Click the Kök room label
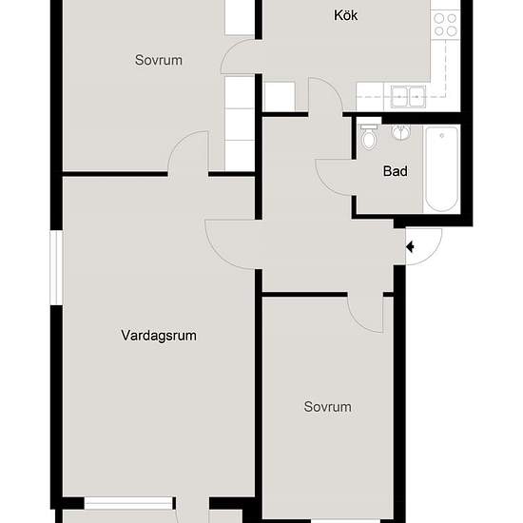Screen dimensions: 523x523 346,15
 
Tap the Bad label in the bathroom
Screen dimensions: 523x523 395,172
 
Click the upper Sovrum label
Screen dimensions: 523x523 158,60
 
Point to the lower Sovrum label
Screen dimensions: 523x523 327,407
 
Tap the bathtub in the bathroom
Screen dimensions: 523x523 441,168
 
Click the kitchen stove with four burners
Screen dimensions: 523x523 445,24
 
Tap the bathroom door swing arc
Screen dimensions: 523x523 333,171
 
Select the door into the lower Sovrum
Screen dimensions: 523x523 365,312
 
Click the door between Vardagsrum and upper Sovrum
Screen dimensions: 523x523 188,154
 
